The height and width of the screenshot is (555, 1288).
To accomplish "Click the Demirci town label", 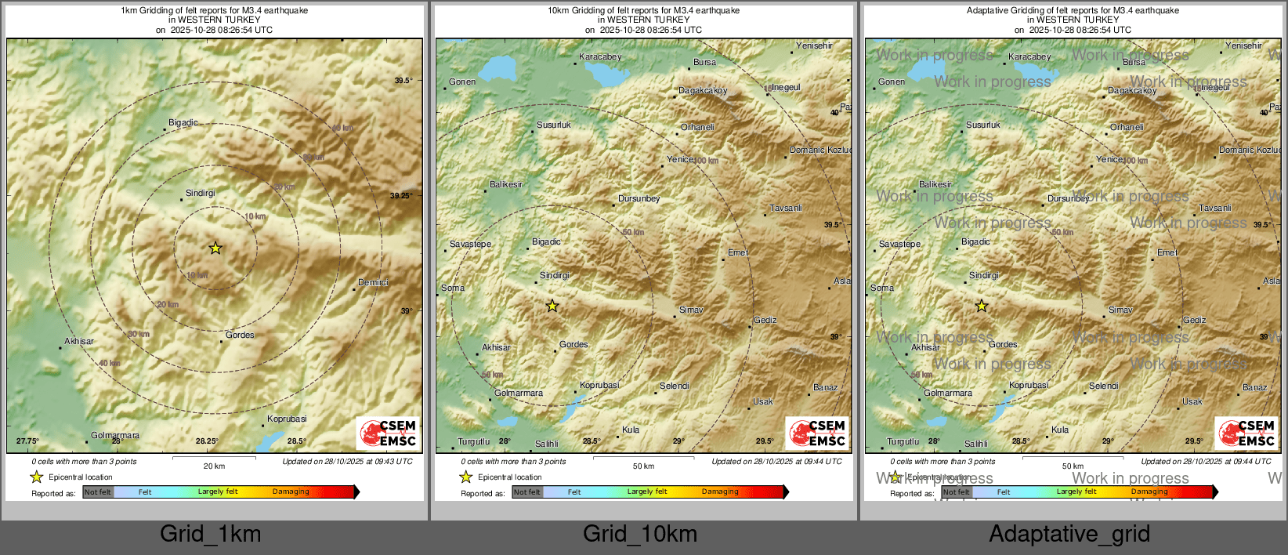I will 373,282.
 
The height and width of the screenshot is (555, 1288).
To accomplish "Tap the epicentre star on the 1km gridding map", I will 215,248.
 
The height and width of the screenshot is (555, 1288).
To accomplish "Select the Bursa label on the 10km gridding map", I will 704,63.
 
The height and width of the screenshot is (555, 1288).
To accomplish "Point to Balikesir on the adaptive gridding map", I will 935,184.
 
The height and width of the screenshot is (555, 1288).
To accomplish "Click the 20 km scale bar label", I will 214,466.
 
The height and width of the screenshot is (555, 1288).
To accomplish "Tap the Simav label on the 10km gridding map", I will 690,310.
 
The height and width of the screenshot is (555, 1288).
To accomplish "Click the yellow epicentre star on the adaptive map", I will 982,307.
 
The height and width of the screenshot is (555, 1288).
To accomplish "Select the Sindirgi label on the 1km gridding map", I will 201,193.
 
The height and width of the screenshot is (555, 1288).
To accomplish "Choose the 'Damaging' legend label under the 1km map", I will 291,492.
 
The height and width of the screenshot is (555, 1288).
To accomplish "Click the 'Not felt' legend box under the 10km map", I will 527,492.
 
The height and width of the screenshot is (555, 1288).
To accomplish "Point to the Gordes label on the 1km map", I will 240,335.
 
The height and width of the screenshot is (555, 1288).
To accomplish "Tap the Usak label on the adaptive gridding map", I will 1192,401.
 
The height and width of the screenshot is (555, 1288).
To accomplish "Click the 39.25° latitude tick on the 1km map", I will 402,196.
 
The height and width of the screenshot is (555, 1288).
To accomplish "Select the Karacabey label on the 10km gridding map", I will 600,56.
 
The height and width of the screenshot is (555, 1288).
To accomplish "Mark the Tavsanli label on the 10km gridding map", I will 786,208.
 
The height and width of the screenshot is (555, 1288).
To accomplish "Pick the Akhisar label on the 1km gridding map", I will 79,341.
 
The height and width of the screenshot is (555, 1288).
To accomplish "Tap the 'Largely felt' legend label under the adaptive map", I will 1076,492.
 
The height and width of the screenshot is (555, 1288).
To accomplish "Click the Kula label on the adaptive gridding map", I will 1060,430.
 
